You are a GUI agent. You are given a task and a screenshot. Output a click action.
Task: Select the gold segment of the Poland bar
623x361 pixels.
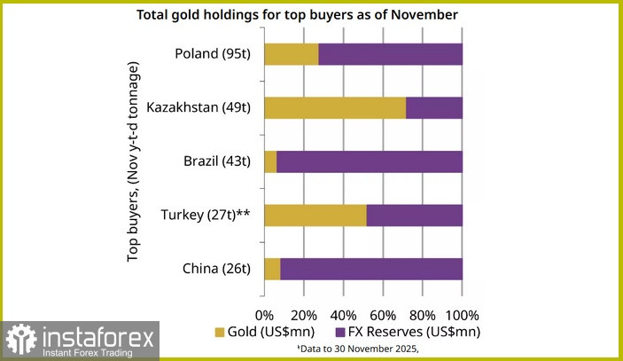(x=291, y=54)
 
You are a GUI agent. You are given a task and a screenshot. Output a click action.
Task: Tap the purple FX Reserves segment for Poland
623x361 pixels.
(x=390, y=54)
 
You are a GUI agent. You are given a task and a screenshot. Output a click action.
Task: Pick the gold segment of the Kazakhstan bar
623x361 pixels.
(x=334, y=108)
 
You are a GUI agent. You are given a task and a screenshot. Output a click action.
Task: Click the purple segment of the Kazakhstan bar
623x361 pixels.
(x=434, y=108)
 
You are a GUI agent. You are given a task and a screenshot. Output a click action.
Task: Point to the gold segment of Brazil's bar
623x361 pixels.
(x=270, y=161)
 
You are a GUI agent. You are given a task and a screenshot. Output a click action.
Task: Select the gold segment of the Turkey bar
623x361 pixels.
(x=315, y=216)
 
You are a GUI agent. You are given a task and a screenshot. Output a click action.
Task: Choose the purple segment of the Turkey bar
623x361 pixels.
(x=414, y=216)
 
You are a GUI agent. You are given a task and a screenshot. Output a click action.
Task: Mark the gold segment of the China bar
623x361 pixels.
(x=272, y=269)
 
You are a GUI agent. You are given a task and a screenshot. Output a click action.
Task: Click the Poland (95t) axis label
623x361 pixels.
(x=213, y=54)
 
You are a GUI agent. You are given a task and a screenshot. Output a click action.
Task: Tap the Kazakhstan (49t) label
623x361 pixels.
(x=199, y=108)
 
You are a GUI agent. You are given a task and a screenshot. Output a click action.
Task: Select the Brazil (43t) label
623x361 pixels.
(x=214, y=161)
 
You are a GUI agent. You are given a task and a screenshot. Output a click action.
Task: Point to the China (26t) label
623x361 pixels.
(x=215, y=269)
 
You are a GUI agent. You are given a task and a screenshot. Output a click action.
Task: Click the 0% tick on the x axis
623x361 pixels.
(x=264, y=315)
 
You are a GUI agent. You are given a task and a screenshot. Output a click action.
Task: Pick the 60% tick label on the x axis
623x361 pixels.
(x=382, y=315)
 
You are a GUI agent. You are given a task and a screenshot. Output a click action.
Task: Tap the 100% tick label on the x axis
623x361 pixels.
(x=461, y=315)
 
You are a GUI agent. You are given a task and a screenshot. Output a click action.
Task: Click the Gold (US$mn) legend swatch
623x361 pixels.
(x=221, y=332)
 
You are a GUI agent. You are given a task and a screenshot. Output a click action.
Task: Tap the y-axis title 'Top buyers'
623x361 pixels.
(x=134, y=161)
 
